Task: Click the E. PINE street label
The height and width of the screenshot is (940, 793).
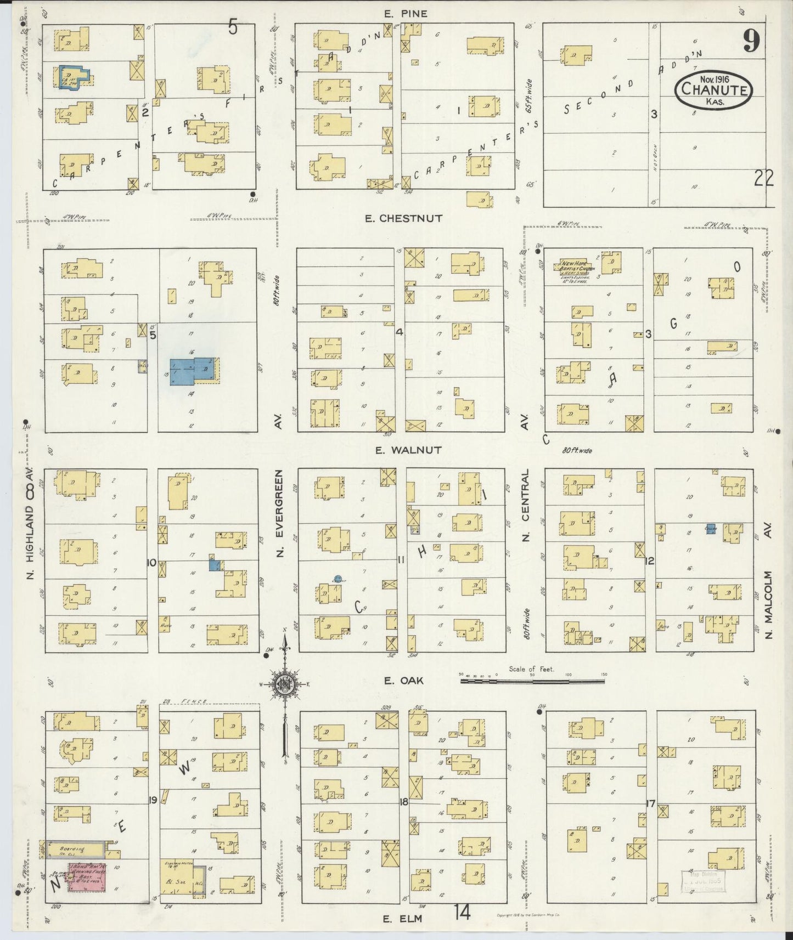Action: (x=406, y=14)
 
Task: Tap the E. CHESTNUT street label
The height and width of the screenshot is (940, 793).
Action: (x=403, y=218)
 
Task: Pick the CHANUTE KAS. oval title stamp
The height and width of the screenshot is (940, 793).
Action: (x=714, y=89)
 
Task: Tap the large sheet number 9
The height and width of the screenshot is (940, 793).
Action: (x=751, y=41)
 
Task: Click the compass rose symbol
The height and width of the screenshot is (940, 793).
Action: (x=285, y=683)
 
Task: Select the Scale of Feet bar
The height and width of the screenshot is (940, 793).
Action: (x=532, y=681)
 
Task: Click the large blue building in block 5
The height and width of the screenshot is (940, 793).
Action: (x=192, y=371)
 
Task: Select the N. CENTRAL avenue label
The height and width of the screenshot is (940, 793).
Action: (x=526, y=505)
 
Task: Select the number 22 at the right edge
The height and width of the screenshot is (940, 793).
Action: (x=763, y=178)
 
